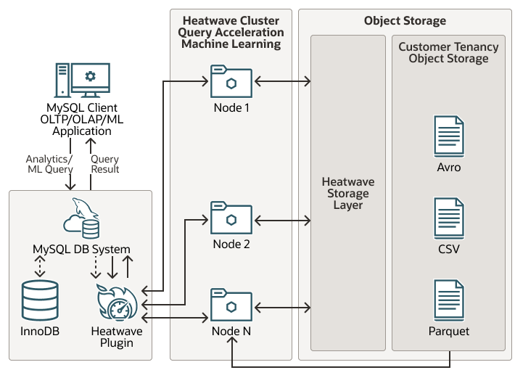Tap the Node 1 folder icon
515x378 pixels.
(231, 82)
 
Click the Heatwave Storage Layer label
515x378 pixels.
(347, 194)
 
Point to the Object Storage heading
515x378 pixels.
(405, 21)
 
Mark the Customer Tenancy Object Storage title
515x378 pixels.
(448, 52)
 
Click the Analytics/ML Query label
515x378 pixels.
(49, 164)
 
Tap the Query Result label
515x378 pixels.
(105, 164)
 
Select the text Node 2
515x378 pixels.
(231, 245)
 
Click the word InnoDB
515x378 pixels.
(41, 332)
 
